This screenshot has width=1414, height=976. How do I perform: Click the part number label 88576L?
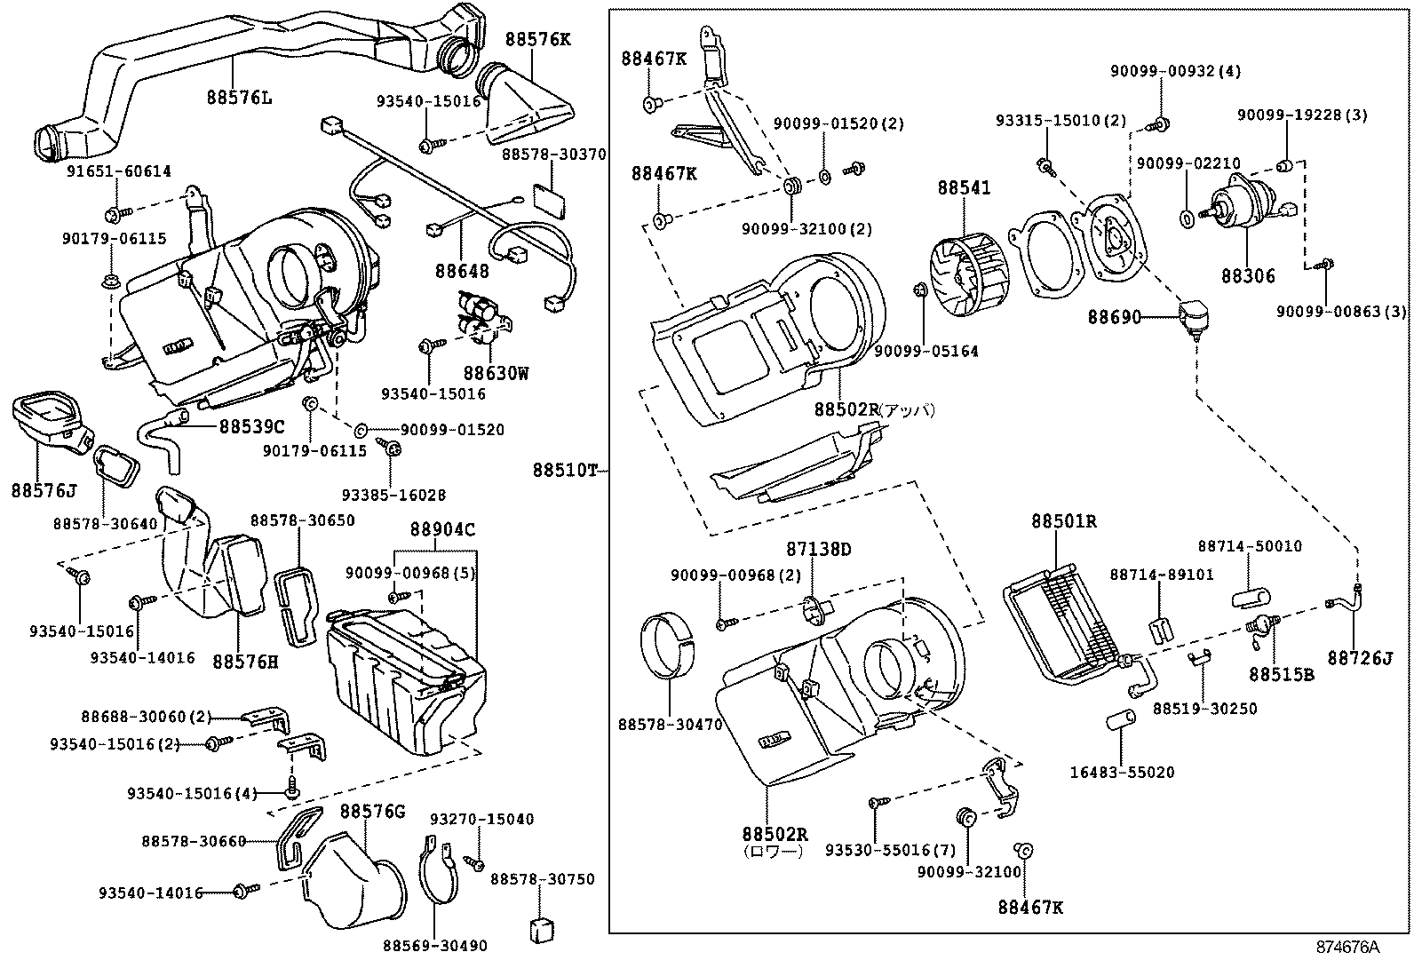(239, 98)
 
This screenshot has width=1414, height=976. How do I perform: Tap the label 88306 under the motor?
(1247, 276)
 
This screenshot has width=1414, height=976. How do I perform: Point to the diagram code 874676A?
(1347, 947)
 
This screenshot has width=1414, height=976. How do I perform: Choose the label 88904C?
(441, 530)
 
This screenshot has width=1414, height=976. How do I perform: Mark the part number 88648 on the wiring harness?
(462, 270)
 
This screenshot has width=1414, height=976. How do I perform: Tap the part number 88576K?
(538, 39)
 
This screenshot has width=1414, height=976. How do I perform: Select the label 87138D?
(818, 550)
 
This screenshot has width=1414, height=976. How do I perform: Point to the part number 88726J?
(1360, 658)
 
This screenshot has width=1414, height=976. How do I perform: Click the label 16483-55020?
(1122, 773)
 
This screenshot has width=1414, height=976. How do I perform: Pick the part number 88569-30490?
(435, 947)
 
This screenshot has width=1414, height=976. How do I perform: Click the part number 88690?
(1114, 316)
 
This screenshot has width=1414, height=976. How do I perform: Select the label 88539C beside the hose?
(252, 426)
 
